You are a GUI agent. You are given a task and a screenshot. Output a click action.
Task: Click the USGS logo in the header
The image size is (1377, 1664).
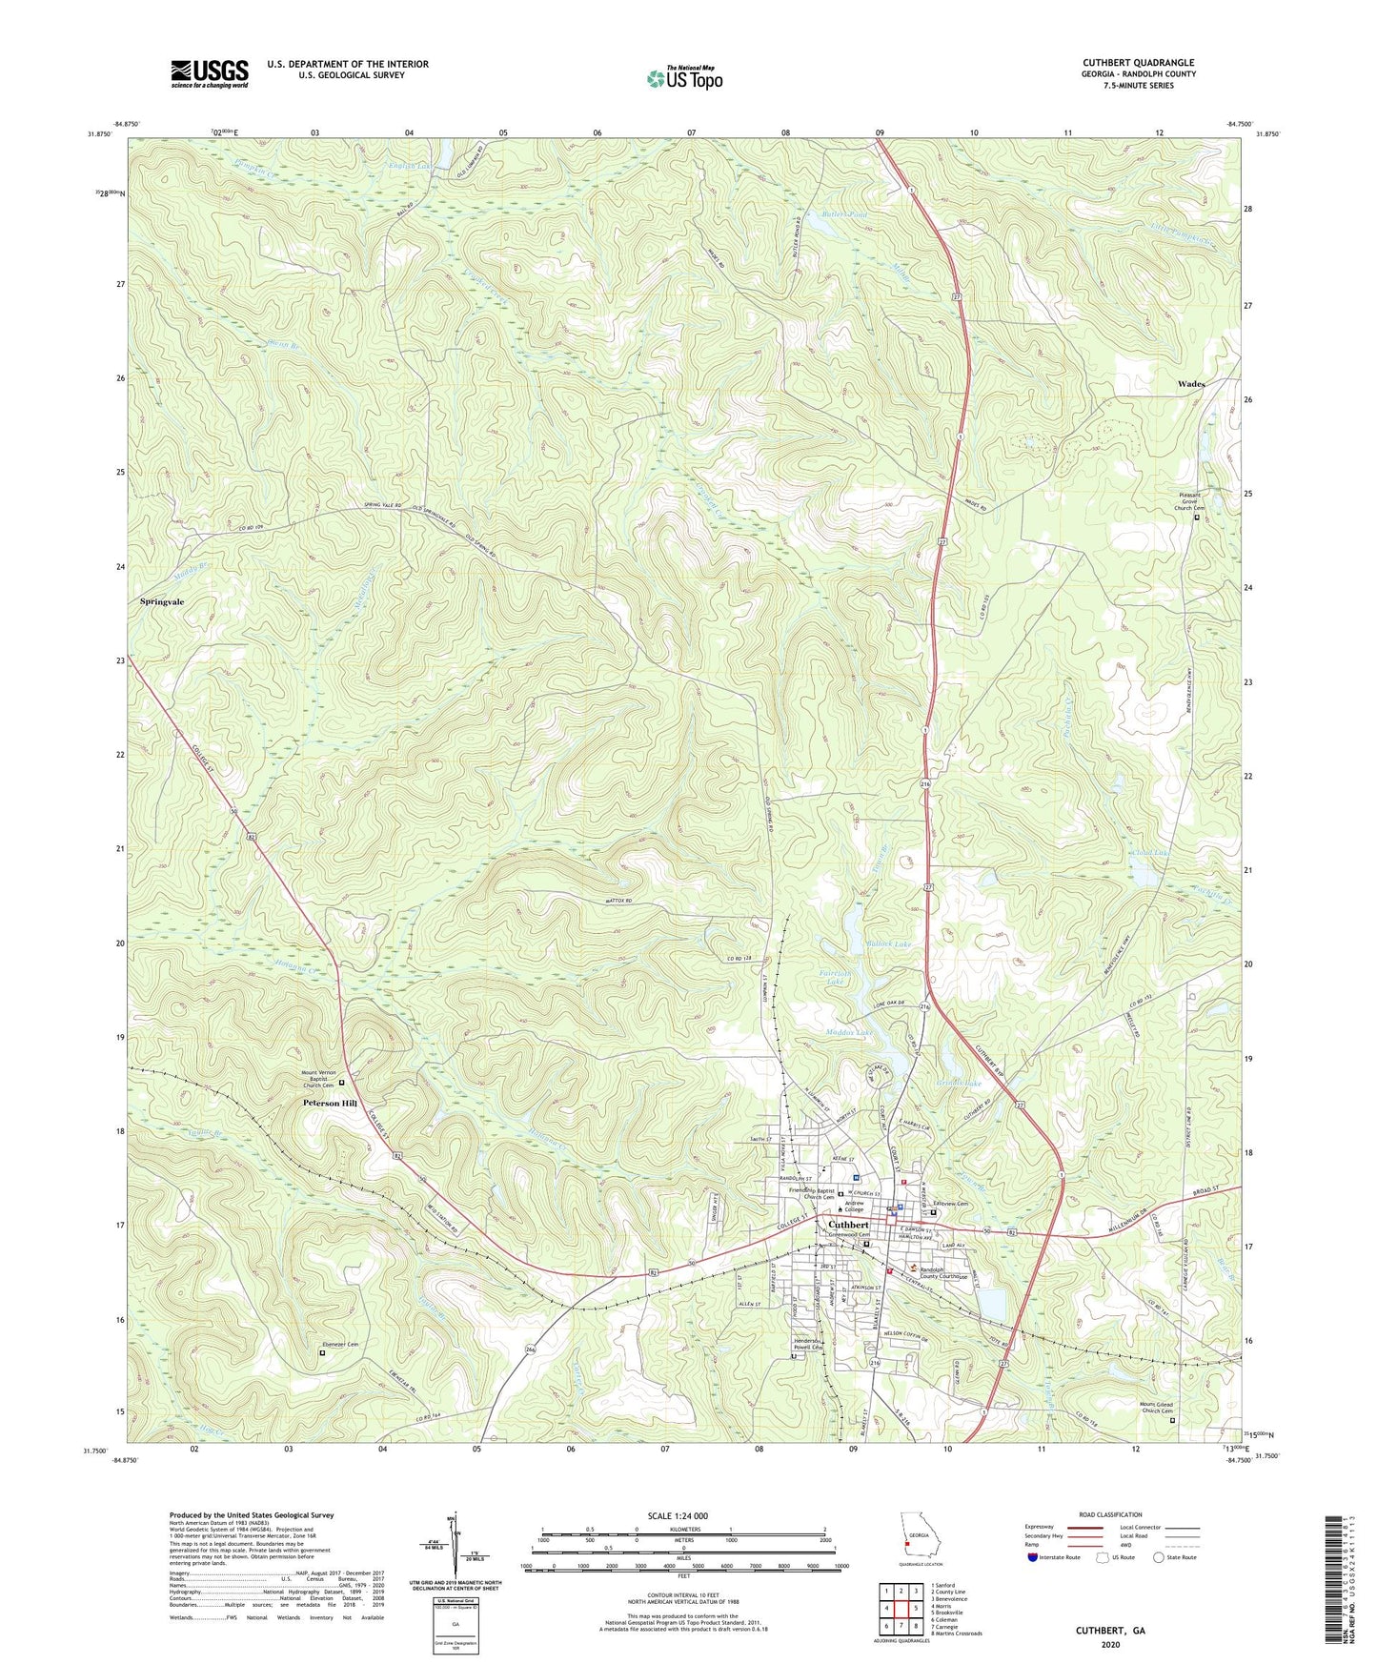pyautogui.click(x=210, y=73)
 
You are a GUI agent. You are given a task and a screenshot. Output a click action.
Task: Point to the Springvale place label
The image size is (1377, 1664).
pyautogui.click(x=162, y=602)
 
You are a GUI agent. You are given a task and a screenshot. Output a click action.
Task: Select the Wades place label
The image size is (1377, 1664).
pyautogui.click(x=1191, y=384)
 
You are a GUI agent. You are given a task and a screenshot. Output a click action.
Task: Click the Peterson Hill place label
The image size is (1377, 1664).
pyautogui.click(x=330, y=1103)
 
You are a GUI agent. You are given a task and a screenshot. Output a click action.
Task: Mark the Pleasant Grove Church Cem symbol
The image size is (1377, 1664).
pyautogui.click(x=1197, y=517)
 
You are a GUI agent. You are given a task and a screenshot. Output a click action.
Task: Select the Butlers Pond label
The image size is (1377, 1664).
pyautogui.click(x=844, y=215)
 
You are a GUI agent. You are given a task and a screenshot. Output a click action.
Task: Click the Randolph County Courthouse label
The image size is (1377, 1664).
pyautogui.click(x=943, y=1274)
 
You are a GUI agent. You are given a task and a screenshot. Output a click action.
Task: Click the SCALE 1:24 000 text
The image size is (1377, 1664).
pyautogui.click(x=684, y=1515)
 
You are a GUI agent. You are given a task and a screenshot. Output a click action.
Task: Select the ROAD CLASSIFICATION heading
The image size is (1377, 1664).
pyautogui.click(x=1110, y=1514)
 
